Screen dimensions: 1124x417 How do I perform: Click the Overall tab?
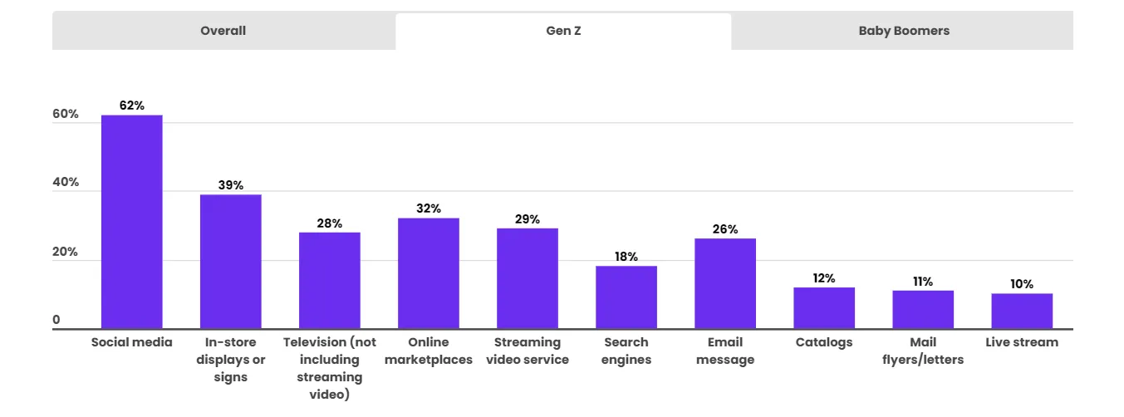click(x=223, y=31)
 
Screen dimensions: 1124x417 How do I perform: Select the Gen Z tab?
click(x=563, y=31)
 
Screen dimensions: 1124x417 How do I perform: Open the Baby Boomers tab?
click(x=904, y=31)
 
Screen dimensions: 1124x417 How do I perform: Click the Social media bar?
click(x=132, y=222)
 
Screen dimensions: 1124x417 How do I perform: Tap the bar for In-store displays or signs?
click(x=231, y=262)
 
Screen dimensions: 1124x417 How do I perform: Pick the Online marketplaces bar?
click(x=429, y=273)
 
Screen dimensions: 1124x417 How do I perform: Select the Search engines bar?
click(x=626, y=297)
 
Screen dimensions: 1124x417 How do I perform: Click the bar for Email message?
click(x=725, y=283)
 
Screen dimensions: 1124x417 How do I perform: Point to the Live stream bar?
click(x=1022, y=312)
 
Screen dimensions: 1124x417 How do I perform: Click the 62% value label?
click(x=132, y=105)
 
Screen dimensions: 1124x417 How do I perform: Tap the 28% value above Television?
click(x=330, y=223)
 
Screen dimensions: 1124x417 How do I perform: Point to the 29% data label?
click(x=528, y=219)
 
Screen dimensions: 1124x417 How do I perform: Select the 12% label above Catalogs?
click(x=824, y=278)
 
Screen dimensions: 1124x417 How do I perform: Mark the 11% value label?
click(x=923, y=282)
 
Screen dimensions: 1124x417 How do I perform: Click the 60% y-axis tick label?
click(x=66, y=114)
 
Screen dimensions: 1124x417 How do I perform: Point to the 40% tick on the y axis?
click(x=66, y=182)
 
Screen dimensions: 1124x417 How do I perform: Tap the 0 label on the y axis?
click(x=56, y=320)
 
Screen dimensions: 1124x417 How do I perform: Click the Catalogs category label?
click(x=824, y=342)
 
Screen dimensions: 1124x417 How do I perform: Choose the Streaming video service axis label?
click(x=528, y=351)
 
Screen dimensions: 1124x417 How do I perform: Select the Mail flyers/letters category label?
click(x=923, y=351)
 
